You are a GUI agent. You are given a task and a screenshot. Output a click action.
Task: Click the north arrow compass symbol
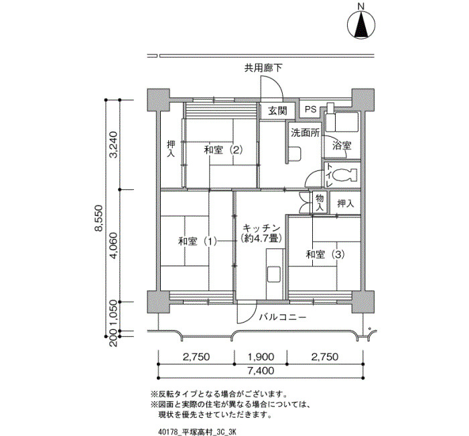tap(361, 25)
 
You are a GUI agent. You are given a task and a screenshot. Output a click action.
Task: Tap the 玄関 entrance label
tap(277, 111)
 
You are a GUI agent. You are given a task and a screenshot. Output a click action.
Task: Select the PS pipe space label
tap(310, 109)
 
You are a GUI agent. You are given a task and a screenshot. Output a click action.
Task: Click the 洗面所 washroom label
tap(306, 133)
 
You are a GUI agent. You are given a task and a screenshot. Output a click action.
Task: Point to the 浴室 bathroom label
tap(342, 146)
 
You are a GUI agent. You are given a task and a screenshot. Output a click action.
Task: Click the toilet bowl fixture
tap(345, 175)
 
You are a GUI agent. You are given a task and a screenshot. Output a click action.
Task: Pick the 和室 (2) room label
tap(223, 150)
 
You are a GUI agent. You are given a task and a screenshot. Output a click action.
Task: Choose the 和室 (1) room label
tap(198, 241)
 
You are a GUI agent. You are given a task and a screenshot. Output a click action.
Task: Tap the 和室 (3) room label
tap(325, 254)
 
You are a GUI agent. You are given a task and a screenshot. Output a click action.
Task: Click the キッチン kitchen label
tap(261, 228)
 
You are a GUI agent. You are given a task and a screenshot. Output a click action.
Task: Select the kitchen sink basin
tap(273, 274)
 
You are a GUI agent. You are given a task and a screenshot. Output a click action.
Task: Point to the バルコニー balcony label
tap(283, 317)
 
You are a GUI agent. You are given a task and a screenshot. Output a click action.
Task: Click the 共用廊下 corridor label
tap(263, 68)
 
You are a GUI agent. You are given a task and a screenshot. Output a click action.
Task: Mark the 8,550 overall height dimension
tap(98, 218)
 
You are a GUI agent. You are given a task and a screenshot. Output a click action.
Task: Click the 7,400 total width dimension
tap(261, 371)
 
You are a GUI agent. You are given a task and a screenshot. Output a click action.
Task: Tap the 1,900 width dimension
tap(261, 357)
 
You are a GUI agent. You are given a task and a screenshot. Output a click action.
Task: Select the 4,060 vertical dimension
tap(114, 245)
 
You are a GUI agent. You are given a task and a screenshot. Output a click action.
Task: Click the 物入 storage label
tap(320, 202)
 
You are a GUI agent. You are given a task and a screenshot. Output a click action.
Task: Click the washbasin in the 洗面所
tap(295, 154)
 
